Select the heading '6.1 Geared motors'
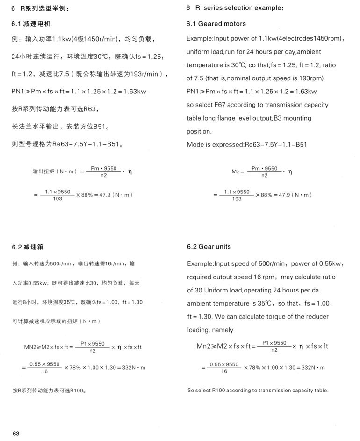pyautogui.click(x=216, y=24)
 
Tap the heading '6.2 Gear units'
pyautogui.click(x=209, y=247)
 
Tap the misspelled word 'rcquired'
pyautogui.click(x=199, y=277)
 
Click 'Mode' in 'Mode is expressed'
pyautogui.click(x=195, y=145)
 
